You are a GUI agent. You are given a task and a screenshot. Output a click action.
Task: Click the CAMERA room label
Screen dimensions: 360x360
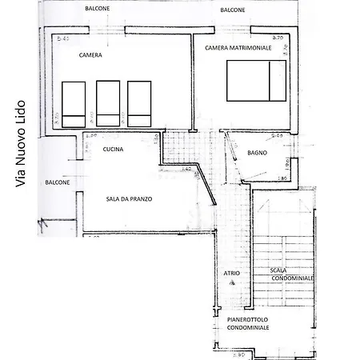[90, 56]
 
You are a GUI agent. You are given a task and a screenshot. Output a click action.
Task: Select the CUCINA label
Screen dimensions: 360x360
[113, 149]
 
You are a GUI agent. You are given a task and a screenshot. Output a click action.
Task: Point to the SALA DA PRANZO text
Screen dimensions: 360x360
[129, 199]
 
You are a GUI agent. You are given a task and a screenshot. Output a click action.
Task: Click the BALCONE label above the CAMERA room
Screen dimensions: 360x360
[98, 9]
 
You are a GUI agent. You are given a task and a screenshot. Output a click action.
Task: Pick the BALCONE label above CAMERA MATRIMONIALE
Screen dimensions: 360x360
[233, 10]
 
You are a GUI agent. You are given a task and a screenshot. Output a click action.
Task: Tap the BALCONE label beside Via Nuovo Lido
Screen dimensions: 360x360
[57, 182]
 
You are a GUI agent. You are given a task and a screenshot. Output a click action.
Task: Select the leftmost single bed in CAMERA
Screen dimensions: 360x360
[74, 103]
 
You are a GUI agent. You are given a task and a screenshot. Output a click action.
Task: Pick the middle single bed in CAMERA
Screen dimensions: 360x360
[108, 103]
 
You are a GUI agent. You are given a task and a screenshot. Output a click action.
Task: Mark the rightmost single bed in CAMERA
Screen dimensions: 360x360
[139, 103]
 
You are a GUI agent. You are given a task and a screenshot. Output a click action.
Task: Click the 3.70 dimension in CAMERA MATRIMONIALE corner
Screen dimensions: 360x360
[278, 38]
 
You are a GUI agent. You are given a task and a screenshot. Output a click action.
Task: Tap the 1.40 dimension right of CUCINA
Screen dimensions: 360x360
[186, 169]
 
